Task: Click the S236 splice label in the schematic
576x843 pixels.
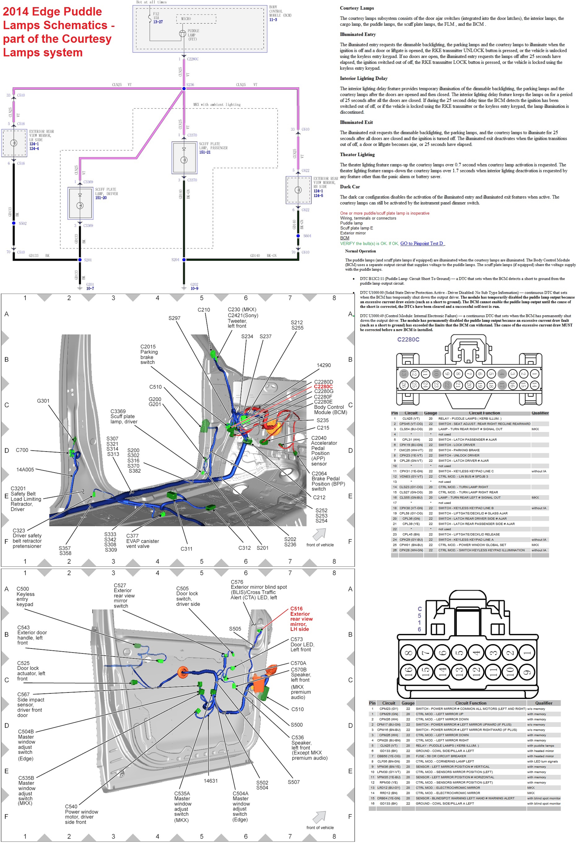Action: pyautogui.click(x=190, y=85)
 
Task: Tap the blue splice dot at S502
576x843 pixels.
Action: pyautogui.click(x=14, y=223)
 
